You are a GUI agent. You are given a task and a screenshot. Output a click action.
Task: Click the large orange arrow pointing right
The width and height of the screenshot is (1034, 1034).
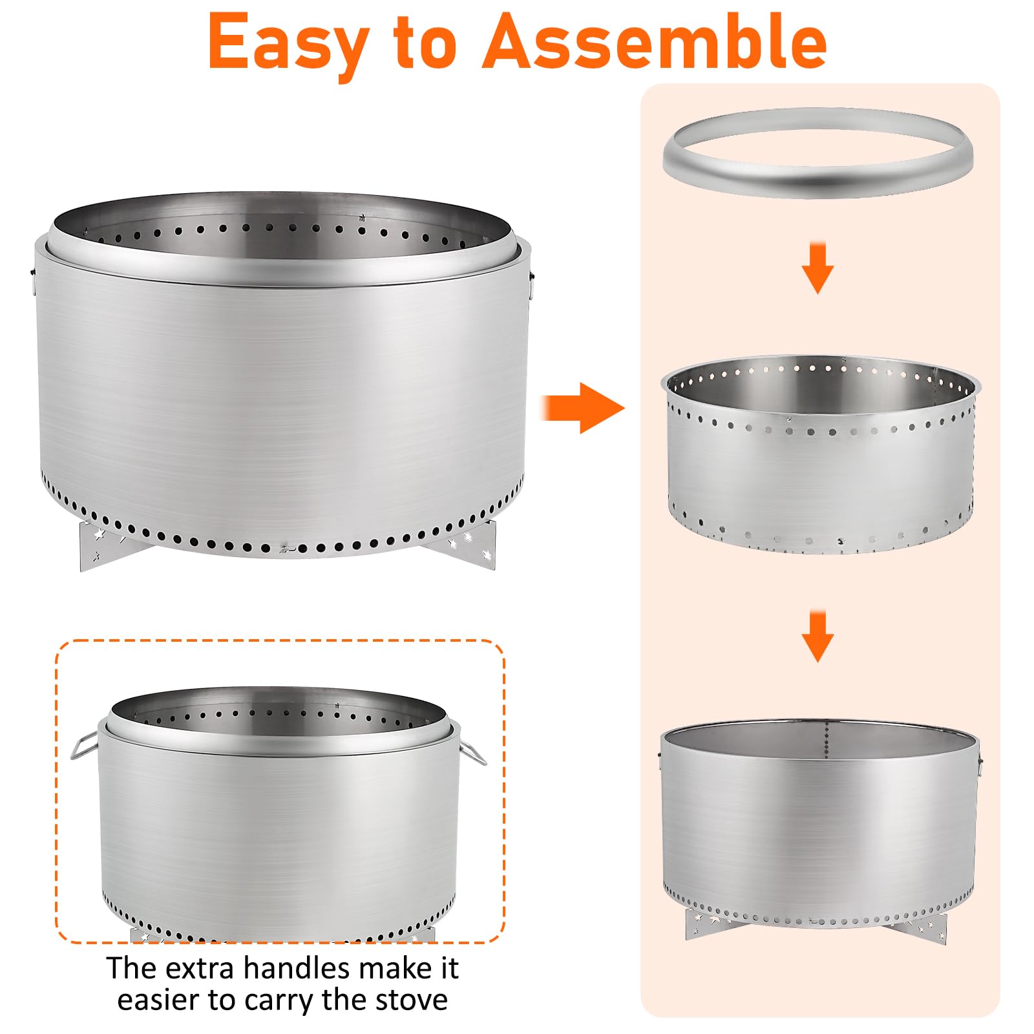[583, 408]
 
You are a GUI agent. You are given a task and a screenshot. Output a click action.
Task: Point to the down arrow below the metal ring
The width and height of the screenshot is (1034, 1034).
[818, 268]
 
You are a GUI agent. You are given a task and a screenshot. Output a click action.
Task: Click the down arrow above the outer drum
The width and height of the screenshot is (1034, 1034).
[818, 636]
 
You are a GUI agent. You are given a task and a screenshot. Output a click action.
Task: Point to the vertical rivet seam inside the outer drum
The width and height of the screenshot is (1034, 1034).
[827, 744]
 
